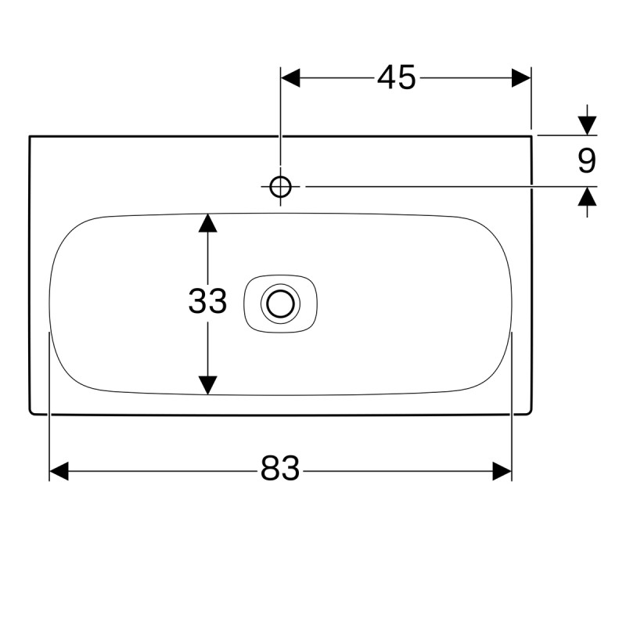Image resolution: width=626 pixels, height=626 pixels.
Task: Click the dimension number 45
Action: pyautogui.click(x=397, y=77)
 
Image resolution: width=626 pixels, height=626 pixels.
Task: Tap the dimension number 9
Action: pyautogui.click(x=587, y=160)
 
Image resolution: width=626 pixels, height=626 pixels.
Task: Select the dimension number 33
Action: pyautogui.click(x=207, y=300)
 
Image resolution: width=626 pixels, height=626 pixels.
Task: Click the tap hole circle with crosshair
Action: pyautogui.click(x=280, y=186)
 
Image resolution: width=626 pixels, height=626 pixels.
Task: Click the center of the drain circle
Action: pyautogui.click(x=280, y=304)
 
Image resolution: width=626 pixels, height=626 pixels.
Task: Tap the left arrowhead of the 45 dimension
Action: pyautogui.click(x=290, y=77)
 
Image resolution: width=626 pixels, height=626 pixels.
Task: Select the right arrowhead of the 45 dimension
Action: pyautogui.click(x=521, y=77)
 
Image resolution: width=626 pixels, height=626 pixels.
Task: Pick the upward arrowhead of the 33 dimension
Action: pyautogui.click(x=207, y=223)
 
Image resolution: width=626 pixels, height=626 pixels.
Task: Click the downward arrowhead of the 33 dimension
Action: pyautogui.click(x=207, y=385)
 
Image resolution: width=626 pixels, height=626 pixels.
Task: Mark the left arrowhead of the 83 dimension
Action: pyautogui.click(x=59, y=471)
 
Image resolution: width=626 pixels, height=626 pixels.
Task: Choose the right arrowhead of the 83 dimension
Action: pyautogui.click(x=502, y=471)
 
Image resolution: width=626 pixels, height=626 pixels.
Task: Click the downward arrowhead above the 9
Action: pyautogui.click(x=587, y=125)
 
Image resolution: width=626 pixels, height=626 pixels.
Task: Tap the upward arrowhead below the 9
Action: pyautogui.click(x=587, y=196)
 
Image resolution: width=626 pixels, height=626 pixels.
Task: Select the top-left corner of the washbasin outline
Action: pyautogui.click(x=30, y=136)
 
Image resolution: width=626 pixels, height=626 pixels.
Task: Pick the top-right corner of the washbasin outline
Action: pyautogui.click(x=531, y=136)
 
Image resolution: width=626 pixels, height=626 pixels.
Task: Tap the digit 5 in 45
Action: pyautogui.click(x=407, y=77)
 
